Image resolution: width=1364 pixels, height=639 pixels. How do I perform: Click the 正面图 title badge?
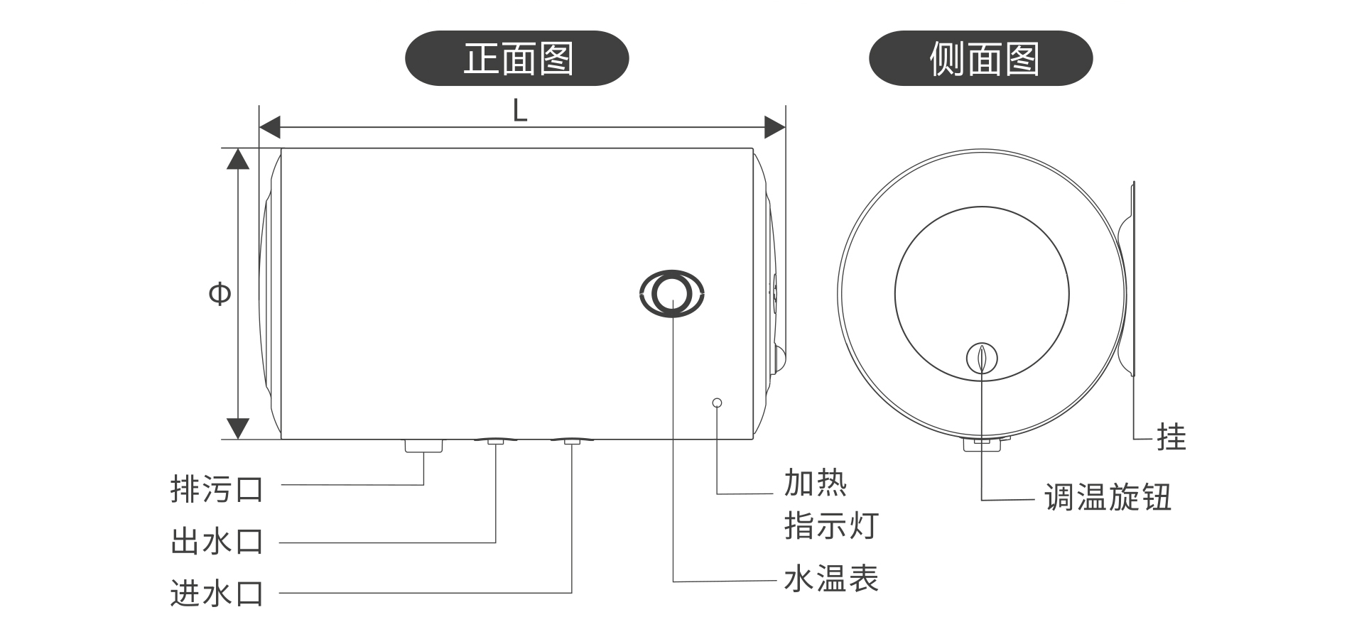pos(516,58)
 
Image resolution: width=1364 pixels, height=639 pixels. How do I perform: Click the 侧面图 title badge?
pos(980,58)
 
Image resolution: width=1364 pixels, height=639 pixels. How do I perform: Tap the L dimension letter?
pos(520,111)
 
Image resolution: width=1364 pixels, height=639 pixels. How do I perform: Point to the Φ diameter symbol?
pos(220,293)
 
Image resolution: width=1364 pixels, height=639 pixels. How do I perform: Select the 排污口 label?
pos(217,489)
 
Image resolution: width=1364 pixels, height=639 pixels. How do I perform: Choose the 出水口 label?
pos(217,541)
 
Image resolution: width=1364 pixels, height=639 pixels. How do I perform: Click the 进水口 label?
pos(217,594)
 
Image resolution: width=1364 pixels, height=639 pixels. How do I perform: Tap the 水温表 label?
pos(830,579)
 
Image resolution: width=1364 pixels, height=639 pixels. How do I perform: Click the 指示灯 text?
pos(831,526)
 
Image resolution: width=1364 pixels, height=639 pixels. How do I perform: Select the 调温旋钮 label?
pos(1107,498)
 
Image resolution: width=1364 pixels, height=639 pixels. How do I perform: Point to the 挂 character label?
pos(1171,437)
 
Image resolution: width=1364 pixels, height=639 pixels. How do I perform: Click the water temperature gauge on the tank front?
pos(671,293)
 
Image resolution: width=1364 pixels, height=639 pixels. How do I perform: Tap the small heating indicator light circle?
pos(717,403)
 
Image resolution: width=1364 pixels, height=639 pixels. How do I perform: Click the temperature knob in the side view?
pos(982,359)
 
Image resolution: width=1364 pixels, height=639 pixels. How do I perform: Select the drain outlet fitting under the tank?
pos(423,446)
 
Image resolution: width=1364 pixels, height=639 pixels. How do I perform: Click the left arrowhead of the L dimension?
pos(269,128)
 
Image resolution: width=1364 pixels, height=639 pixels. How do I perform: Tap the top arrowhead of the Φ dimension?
pos(238,158)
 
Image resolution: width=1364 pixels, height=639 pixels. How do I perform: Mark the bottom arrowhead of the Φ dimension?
pos(238,429)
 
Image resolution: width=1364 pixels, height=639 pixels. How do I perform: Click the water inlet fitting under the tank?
pos(572,442)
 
